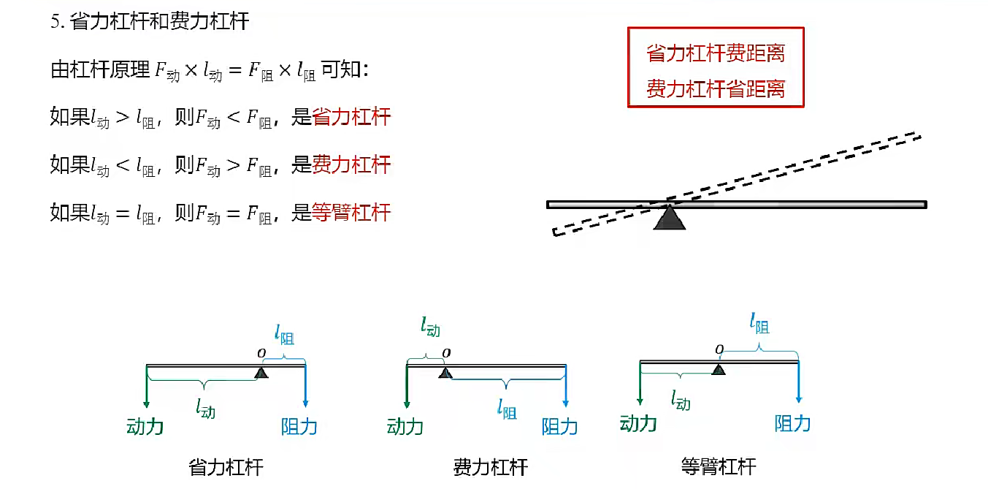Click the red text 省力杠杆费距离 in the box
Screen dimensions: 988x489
(716, 53)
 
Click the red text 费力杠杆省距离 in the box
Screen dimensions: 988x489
(716, 89)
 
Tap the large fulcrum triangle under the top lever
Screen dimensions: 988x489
(669, 218)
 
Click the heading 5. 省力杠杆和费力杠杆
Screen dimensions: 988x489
(150, 21)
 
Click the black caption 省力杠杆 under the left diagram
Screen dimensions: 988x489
(226, 467)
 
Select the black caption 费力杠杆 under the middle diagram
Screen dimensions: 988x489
(490, 467)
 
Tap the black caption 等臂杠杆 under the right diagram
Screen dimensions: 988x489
(719, 466)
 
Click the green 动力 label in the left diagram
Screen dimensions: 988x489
(145, 426)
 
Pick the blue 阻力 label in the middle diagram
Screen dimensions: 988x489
(560, 427)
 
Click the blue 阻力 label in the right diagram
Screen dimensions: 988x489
(793, 422)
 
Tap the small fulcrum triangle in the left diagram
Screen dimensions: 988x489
(261, 373)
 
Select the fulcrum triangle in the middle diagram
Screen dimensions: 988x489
(445, 373)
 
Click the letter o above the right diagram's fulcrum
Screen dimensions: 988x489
(719, 349)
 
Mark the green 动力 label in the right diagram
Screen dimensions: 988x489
(638, 422)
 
